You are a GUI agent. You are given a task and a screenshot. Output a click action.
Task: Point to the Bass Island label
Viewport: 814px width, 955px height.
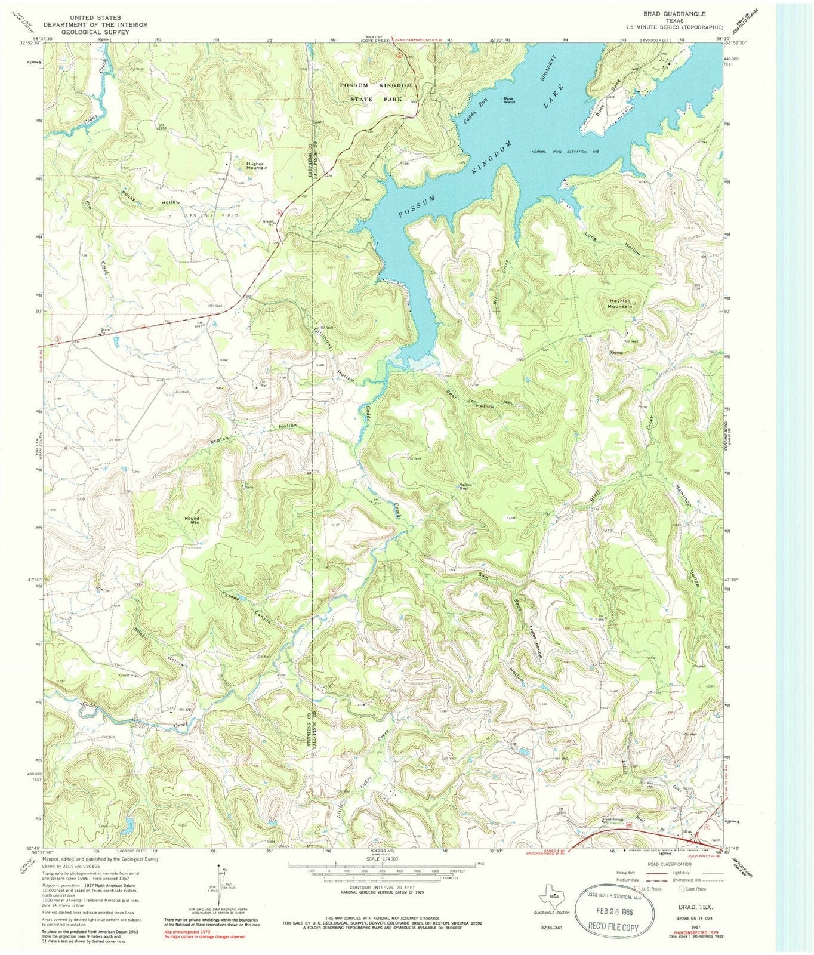pos(508,100)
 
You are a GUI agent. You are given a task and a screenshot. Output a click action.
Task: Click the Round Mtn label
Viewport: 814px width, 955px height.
pos(192,520)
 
